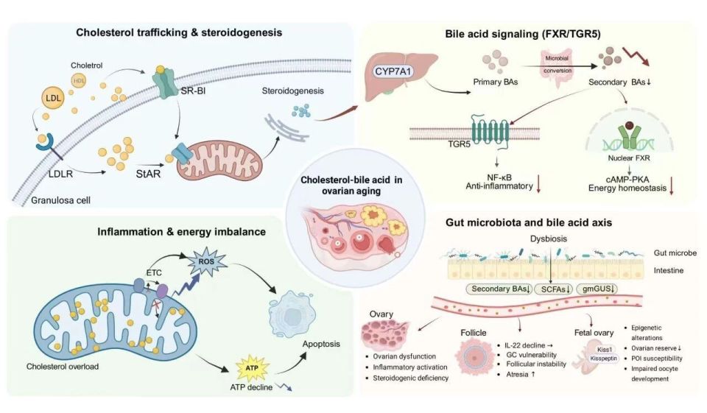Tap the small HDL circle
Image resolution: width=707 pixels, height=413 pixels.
click(79, 80)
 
